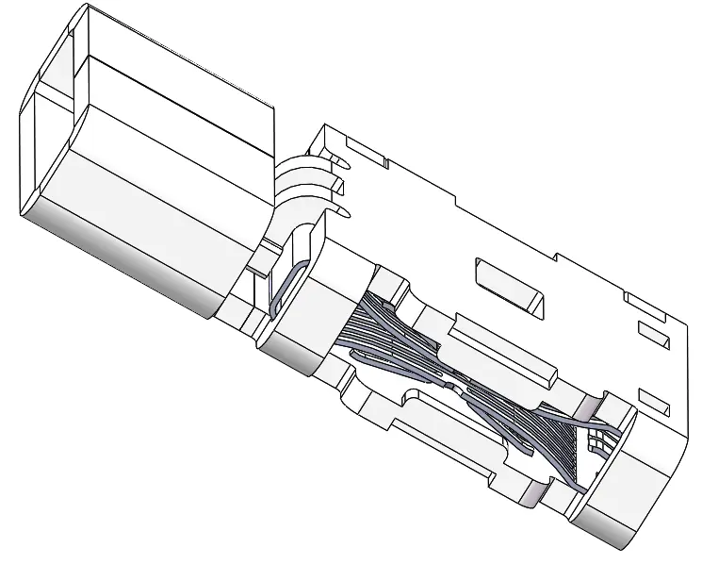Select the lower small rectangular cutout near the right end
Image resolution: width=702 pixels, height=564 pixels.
point(653,397)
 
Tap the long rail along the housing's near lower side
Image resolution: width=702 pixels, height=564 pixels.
point(443,453)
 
